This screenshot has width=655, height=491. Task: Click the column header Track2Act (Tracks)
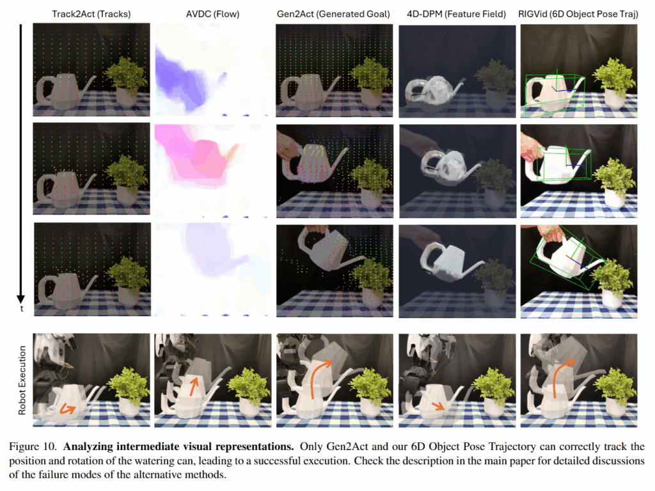point(91,14)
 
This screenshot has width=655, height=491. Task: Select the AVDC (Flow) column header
point(212,14)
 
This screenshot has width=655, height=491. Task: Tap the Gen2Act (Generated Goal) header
point(333,14)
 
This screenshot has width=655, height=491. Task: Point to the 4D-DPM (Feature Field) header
point(457,14)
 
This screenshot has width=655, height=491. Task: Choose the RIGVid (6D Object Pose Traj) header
point(578,14)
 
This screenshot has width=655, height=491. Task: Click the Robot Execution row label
point(22,380)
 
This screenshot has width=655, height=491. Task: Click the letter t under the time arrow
point(22,309)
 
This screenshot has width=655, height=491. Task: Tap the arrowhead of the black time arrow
point(20,299)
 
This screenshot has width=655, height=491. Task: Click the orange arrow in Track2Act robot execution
point(67,408)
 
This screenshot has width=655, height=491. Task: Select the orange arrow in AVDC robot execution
point(193,387)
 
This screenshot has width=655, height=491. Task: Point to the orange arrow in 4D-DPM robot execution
point(438,406)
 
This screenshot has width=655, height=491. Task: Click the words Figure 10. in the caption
point(33,447)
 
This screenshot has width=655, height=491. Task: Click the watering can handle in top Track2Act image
point(45,90)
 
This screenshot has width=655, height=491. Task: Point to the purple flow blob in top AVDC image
point(180,81)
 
